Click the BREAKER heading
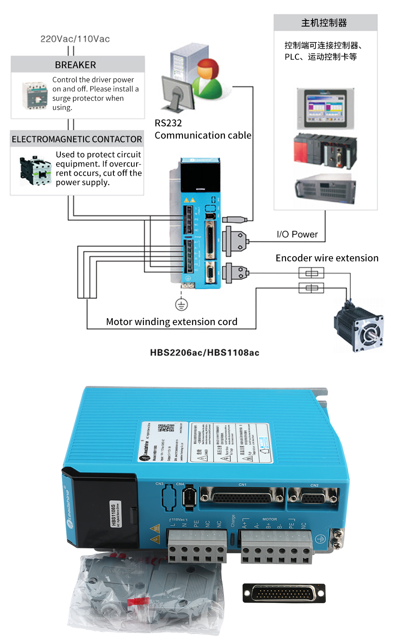[x=75, y=65]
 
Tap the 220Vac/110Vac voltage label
[x=75, y=39]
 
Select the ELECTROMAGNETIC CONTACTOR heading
[x=77, y=139]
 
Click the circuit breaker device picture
[x=34, y=95]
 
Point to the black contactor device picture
[x=35, y=170]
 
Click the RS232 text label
[x=168, y=123]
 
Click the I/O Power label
[x=297, y=234]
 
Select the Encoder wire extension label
[x=327, y=258]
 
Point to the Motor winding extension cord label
[x=171, y=322]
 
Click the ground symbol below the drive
[x=181, y=305]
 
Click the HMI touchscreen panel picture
[x=325, y=109]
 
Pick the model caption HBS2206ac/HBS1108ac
[x=205, y=352]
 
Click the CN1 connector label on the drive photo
[x=242, y=485]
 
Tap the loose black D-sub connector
[x=284, y=593]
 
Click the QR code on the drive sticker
[x=166, y=428]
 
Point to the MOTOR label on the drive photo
[x=270, y=519]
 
